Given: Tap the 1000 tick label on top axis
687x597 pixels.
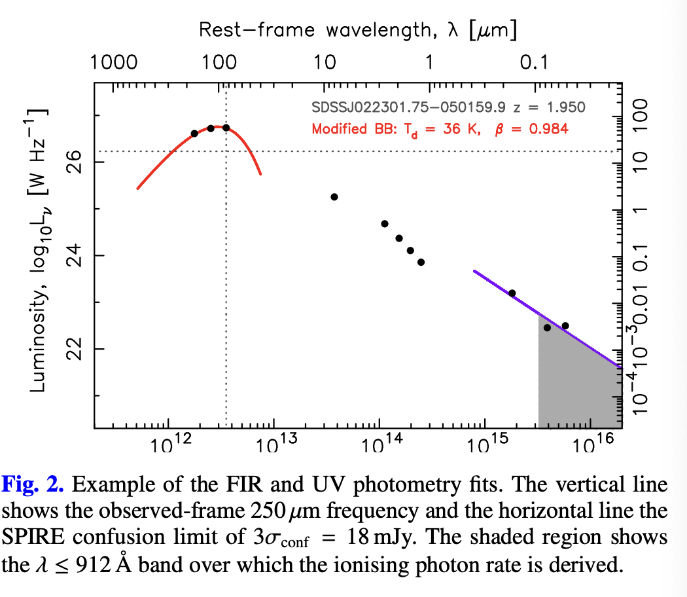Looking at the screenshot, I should coord(113,63).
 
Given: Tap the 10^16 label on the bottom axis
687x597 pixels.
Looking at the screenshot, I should coord(590,446).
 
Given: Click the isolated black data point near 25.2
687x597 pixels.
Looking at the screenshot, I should coord(334,196).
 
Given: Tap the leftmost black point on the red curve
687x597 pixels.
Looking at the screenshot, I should coord(194,134).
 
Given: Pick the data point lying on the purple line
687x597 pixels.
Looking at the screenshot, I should coord(512,293).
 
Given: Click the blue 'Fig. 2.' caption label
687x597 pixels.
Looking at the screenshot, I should coord(33,484).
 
